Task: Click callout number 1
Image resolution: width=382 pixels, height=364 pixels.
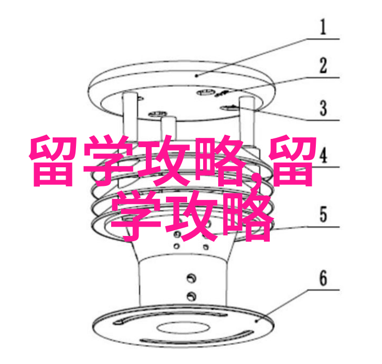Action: point(323,27)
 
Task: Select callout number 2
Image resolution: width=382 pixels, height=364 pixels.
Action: point(323,66)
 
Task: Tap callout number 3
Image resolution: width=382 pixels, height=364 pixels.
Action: point(323,108)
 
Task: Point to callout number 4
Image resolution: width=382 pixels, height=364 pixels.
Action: point(323,155)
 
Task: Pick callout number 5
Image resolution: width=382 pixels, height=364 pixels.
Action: point(323,214)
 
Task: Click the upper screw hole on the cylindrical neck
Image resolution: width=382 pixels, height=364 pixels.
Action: point(191,278)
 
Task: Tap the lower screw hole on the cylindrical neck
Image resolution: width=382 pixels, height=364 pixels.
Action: point(191,296)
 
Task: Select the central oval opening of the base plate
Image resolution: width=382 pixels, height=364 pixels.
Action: point(182,327)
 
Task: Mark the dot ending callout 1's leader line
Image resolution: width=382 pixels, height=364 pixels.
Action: point(197,76)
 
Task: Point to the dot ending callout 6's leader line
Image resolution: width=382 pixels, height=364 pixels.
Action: point(256,321)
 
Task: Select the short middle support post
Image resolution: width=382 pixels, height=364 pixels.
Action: point(169,128)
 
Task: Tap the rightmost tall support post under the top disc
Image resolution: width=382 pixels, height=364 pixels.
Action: point(247,120)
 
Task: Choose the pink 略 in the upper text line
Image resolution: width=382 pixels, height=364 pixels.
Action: point(221,161)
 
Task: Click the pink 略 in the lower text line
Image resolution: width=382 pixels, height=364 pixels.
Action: point(247,217)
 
